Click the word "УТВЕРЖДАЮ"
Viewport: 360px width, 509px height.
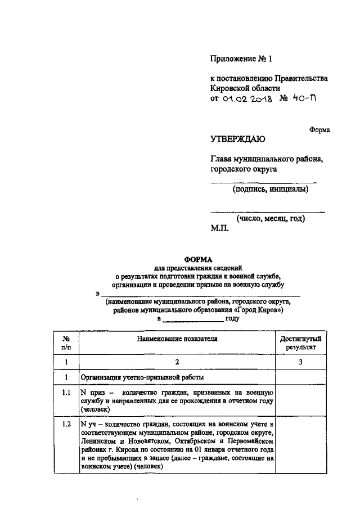(238, 139)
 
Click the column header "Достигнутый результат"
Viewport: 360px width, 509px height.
(300, 343)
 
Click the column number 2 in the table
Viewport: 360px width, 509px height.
(177, 362)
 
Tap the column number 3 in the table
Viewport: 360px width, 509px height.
(300, 362)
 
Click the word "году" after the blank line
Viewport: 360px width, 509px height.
(233, 319)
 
